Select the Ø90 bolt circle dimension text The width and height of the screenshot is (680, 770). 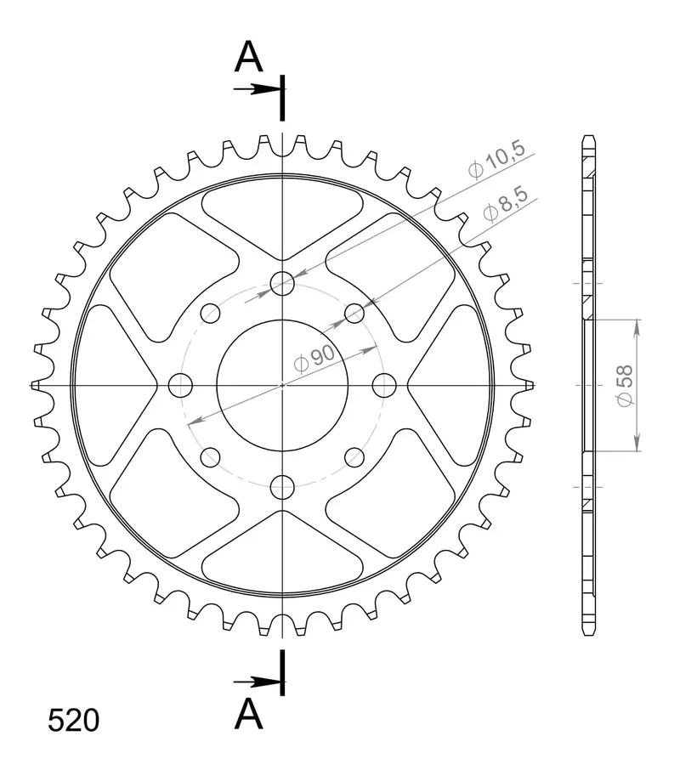coord(314,358)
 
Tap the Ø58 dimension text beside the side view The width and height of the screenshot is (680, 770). coord(625,386)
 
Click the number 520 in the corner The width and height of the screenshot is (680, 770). coord(74,721)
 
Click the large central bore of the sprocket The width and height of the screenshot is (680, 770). coord(282,386)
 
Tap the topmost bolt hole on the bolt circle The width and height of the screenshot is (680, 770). coord(282,283)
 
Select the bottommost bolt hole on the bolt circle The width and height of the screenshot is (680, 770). coord(282,487)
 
